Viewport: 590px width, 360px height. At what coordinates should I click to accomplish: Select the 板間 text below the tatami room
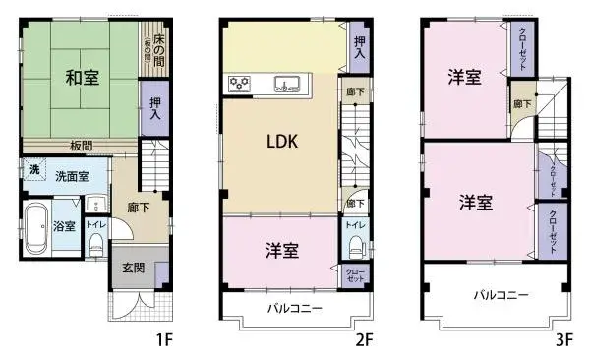coord(81,146)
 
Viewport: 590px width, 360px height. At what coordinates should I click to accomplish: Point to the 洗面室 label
coord(72,177)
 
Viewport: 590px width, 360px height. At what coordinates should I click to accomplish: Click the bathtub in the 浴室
coord(36,228)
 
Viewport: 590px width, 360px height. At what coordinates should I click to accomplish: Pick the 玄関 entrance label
coord(133,268)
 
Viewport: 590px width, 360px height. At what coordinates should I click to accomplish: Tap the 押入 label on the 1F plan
coord(156,108)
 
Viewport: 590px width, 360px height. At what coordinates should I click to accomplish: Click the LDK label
coord(282,140)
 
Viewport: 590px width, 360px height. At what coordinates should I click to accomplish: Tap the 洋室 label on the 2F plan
coord(281,251)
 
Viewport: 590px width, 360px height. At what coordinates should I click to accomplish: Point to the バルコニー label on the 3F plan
coord(501,294)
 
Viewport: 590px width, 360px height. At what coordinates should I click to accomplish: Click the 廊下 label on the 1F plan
coord(138,209)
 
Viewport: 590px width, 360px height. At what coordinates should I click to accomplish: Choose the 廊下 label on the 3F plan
coord(519,103)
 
